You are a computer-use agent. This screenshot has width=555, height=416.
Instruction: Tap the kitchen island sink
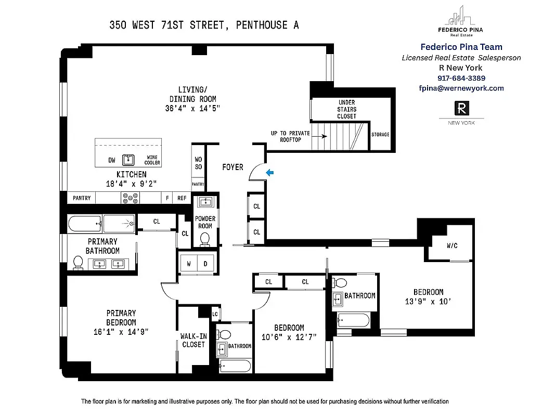point(128,160)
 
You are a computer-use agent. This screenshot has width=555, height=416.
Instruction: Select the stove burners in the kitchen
point(130,198)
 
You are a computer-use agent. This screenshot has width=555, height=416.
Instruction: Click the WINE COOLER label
point(152,160)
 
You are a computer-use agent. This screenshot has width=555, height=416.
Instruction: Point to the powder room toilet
point(205,239)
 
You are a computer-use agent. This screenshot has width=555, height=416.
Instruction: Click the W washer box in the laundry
point(188,264)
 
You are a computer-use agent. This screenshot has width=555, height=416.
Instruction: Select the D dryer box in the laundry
point(205,264)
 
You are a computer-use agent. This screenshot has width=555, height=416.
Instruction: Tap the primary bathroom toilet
point(79,263)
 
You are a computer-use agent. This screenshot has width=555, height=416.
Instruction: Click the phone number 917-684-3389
point(461,78)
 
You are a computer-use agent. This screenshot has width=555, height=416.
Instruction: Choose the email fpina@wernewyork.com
point(461,88)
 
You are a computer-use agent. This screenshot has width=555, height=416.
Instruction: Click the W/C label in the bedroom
point(451,245)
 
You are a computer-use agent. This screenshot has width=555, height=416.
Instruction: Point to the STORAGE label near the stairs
point(380,135)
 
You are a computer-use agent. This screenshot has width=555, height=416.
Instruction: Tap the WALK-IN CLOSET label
point(193,340)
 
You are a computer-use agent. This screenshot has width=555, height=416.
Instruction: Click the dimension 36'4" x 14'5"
point(192,109)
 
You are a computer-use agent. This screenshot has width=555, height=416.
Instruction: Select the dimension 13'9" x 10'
point(428,301)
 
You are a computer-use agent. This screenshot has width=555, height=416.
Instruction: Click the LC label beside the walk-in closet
point(215,314)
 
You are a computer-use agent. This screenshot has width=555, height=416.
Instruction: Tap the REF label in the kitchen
point(182,198)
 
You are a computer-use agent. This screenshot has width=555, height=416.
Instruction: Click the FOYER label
point(233,167)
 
